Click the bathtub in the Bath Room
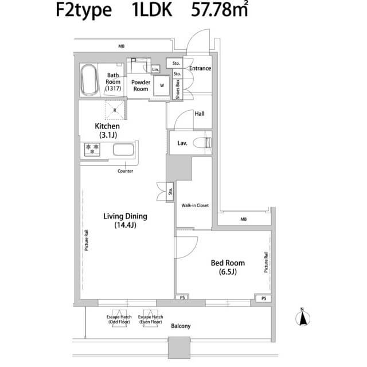[89, 80]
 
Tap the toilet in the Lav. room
[202, 143]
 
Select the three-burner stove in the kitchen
[92, 149]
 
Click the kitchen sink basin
[124, 150]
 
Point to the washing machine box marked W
[162, 85]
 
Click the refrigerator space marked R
[115, 110]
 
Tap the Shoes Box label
[178, 89]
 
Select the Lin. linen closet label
[155, 69]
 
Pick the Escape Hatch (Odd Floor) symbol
[119, 318]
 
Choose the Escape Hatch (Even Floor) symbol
[150, 318]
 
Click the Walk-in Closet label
[195, 205]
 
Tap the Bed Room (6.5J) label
[228, 267]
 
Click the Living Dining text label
[125, 216]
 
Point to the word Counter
[125, 171]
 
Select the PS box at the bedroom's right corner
[264, 298]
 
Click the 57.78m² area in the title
[219, 9]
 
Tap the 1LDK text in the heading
[152, 10]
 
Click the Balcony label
[181, 326]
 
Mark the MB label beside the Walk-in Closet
[243, 219]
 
